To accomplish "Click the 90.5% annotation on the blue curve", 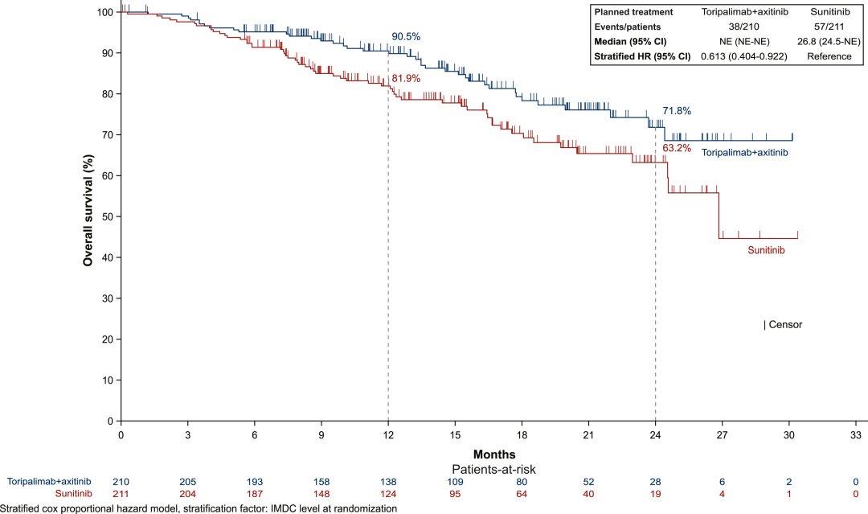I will [406, 37].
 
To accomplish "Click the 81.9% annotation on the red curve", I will [406, 79].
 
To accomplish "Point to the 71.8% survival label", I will [677, 110].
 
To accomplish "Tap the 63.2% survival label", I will [677, 149].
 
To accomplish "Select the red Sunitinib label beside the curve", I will [766, 250].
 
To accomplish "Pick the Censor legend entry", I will [783, 325].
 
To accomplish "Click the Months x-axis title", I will [489, 454].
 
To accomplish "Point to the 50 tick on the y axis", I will [106, 216].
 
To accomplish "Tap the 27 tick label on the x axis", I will [722, 434].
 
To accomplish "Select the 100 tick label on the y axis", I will [103, 12].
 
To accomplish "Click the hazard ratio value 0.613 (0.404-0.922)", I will [743, 56].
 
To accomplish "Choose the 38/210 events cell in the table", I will [743, 27].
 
